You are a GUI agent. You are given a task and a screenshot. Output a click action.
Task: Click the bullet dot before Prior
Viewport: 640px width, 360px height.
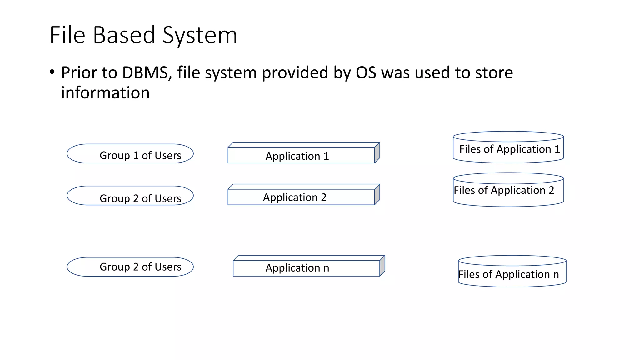(52, 72)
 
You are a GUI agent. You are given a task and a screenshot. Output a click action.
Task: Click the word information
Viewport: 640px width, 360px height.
(105, 93)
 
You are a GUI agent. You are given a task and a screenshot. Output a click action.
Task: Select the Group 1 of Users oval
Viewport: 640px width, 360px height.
(130, 154)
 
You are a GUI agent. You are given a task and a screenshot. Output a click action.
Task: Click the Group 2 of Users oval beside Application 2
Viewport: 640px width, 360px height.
(130, 196)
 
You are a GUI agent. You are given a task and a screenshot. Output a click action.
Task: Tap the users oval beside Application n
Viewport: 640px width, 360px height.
(130, 267)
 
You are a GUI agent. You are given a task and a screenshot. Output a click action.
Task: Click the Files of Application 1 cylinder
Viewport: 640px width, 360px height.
(508, 149)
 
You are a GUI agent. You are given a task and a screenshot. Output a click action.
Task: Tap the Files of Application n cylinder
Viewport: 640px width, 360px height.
(512, 273)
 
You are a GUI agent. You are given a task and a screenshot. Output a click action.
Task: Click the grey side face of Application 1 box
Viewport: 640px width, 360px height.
(377, 153)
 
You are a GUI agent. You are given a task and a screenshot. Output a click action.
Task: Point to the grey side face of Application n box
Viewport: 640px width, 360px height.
(382, 266)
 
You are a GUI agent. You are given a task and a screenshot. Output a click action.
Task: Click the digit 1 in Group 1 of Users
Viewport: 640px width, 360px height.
(136, 156)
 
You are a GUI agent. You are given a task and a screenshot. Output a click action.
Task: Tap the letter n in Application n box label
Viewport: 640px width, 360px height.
(326, 268)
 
